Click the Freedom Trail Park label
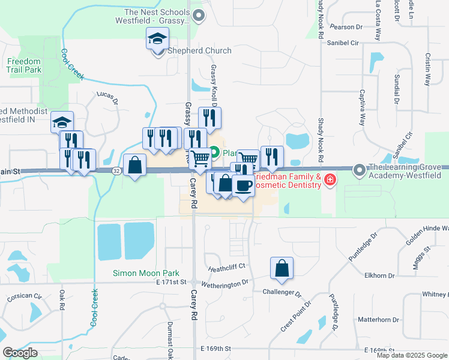click(x=24, y=65)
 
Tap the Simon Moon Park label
click(x=142, y=273)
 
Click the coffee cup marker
click(x=243, y=187)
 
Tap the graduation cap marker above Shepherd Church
click(x=158, y=40)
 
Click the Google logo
click(x=20, y=353)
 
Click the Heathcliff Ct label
click(x=227, y=266)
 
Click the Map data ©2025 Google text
click(x=411, y=355)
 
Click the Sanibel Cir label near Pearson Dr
click(x=342, y=43)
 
